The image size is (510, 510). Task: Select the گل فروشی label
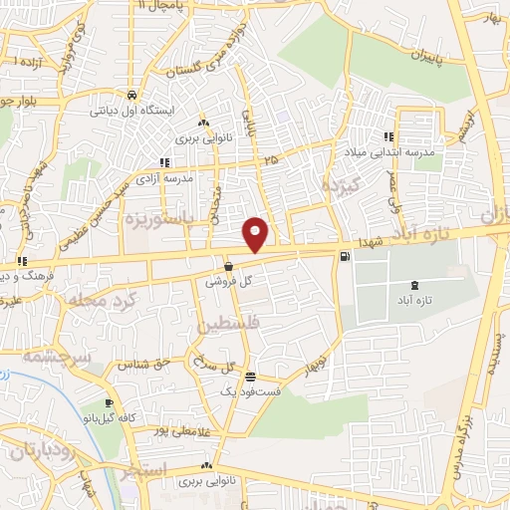tap(224, 282)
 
